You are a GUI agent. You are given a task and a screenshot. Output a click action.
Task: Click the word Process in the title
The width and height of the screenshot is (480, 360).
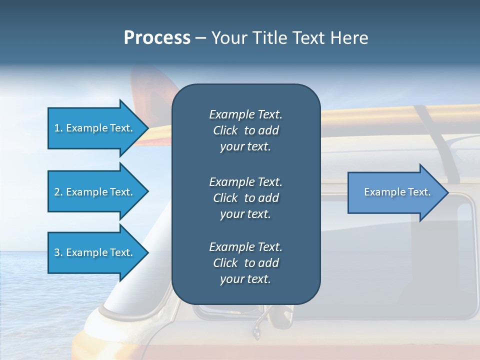(157, 38)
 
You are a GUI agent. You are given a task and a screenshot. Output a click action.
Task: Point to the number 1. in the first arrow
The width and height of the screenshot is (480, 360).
(58, 128)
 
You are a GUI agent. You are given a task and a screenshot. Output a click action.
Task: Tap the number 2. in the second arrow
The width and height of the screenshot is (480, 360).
(58, 192)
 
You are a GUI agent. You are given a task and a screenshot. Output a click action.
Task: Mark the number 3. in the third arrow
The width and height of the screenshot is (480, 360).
(58, 252)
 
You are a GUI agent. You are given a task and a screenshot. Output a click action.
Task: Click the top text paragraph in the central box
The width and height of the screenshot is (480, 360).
(245, 130)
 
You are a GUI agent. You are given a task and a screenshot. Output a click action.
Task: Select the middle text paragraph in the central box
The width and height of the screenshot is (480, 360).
(245, 198)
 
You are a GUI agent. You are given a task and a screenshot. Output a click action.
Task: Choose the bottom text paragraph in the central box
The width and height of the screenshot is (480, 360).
(245, 263)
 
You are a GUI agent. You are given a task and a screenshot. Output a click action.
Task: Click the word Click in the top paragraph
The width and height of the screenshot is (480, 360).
(225, 131)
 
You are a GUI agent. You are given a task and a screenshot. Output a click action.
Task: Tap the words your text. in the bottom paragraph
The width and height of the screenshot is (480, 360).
(245, 279)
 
